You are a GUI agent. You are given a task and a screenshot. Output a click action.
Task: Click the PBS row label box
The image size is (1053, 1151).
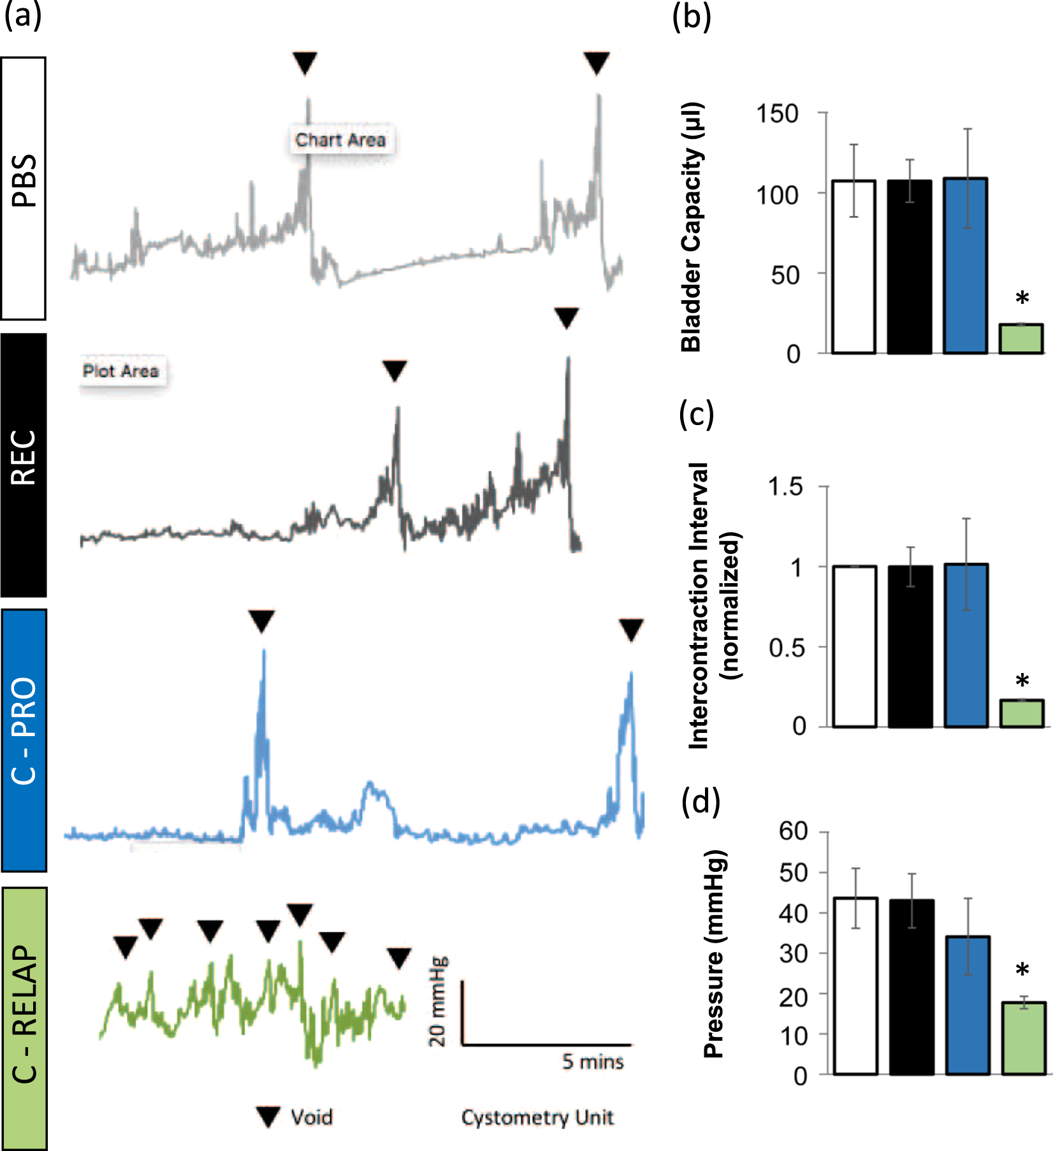pos(24,189)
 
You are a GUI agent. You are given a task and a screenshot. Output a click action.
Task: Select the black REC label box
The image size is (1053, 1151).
pos(24,465)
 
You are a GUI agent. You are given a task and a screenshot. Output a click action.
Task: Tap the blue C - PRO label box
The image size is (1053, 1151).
pos(24,740)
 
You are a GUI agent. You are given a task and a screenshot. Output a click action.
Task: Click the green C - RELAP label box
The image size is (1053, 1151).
pos(24,1018)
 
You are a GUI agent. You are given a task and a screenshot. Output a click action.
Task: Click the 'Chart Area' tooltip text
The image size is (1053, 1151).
pos(340,140)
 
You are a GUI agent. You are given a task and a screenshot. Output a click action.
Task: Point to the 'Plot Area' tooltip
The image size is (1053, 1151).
pos(121,371)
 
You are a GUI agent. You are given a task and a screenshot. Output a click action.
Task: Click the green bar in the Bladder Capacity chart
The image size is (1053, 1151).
pos(1020,339)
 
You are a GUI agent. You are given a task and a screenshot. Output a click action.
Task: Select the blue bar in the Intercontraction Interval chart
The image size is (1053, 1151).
pos(966,645)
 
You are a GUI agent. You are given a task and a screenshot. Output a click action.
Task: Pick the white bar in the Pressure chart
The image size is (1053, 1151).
pos(855,986)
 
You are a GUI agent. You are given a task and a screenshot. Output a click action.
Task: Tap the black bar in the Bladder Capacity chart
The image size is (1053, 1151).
pos(910,266)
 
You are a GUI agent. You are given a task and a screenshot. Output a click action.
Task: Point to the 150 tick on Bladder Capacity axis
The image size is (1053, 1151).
pos(777,114)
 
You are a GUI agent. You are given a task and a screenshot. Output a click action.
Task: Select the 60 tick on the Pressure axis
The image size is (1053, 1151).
pos(793,831)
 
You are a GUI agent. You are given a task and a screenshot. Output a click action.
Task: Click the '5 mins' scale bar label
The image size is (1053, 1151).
pos(593,1062)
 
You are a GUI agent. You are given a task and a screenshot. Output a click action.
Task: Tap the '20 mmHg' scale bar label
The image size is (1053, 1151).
pos(439,1002)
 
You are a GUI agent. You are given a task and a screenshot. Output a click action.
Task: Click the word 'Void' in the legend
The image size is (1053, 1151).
pos(312,1117)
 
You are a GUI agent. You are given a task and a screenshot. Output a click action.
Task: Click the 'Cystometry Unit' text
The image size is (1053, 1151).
pos(537,1117)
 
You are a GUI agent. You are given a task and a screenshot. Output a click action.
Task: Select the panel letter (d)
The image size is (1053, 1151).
pos(700,802)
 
